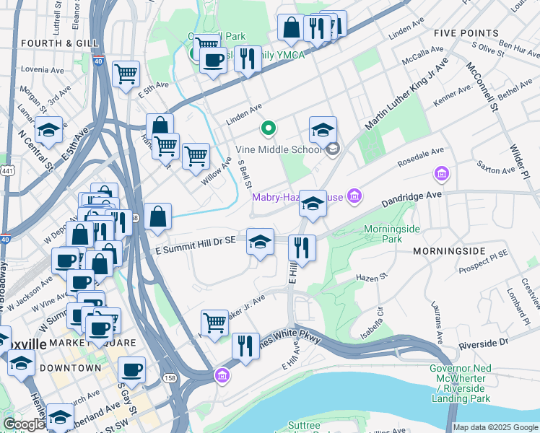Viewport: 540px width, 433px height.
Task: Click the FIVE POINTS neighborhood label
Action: point(466,33)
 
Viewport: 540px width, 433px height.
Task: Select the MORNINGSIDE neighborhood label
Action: point(450,251)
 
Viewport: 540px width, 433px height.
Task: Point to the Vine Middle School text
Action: point(279,150)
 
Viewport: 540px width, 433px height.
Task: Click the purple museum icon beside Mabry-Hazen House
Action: point(354,196)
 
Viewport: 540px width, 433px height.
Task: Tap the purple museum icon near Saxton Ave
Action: point(441,174)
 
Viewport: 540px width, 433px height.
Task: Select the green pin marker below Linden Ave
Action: point(268,129)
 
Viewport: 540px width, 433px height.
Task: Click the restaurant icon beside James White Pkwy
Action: point(246,345)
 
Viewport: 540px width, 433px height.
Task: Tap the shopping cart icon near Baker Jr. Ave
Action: point(214,322)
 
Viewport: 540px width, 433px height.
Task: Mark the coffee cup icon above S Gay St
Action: point(131,369)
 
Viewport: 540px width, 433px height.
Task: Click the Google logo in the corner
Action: point(24,425)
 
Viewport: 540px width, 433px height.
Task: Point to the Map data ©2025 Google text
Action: point(495,427)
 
